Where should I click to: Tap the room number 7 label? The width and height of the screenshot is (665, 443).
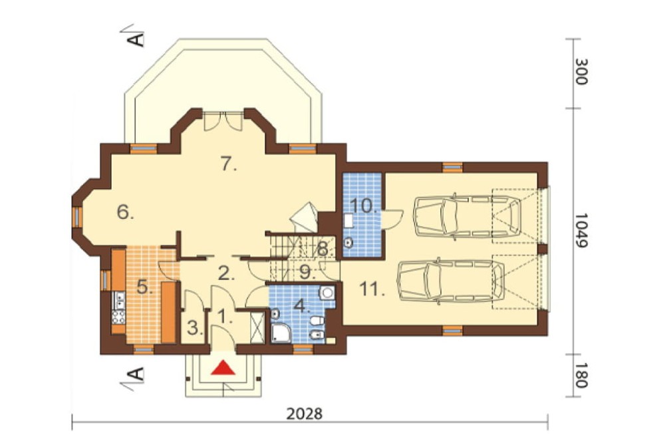pos(228,164)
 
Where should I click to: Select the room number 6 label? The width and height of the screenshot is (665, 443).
pos(126,212)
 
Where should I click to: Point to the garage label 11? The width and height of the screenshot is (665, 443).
pos(372,289)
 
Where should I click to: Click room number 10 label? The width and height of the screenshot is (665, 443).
pos(364,206)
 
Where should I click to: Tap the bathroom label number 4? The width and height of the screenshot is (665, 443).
pos(302,306)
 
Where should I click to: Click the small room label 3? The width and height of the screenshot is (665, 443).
pos(195,328)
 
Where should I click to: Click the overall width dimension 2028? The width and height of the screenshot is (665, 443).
pos(304,413)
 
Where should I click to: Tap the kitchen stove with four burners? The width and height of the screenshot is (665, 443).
pos(119,317)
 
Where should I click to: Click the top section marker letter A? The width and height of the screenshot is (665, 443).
pos(136,39)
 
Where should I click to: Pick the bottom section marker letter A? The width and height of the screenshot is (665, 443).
pos(136,373)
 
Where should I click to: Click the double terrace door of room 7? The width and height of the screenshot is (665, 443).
pos(223,120)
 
